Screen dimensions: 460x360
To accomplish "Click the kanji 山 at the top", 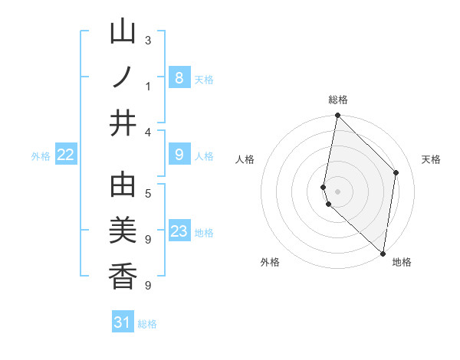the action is (x=123, y=32).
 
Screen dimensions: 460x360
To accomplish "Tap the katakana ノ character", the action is (x=123, y=77).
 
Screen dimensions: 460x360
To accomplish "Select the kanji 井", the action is (x=123, y=123).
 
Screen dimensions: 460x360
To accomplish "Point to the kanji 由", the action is (x=123, y=185).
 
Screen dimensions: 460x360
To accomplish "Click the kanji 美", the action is (x=123, y=231).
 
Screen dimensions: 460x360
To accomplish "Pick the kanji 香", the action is (x=123, y=276).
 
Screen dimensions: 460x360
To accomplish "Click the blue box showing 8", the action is (x=179, y=77).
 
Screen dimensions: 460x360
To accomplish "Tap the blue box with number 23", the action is (x=179, y=231).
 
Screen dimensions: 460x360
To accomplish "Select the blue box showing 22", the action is (x=66, y=155).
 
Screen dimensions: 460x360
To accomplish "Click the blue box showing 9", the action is (x=179, y=155).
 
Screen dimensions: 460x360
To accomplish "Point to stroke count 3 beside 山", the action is (x=148, y=40).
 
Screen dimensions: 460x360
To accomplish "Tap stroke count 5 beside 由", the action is (x=148, y=193).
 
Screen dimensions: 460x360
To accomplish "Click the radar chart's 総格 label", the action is (x=338, y=100).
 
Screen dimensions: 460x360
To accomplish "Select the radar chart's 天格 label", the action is (x=432, y=159).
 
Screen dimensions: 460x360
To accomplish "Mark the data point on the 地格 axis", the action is (x=383, y=253).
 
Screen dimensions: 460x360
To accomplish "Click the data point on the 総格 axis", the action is (x=337, y=116).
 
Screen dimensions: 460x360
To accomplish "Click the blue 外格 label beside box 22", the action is (x=41, y=155).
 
